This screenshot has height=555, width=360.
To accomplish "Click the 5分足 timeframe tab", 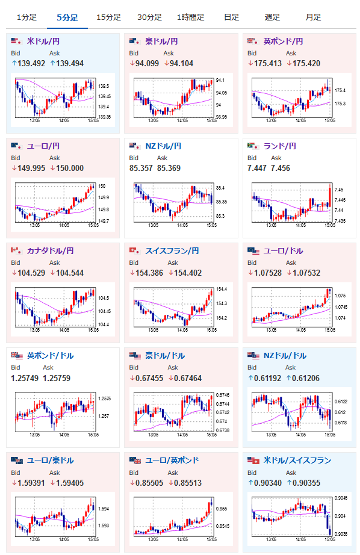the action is coord(67,17).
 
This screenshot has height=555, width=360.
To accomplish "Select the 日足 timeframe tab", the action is coord(232,17).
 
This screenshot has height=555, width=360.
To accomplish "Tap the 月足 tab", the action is coord(313,17).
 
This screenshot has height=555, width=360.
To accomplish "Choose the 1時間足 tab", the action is coord(190,17).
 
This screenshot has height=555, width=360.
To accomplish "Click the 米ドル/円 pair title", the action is coord(43,41).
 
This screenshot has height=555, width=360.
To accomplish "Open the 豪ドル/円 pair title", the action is coord(161,41).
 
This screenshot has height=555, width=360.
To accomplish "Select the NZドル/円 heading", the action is coord(163,146).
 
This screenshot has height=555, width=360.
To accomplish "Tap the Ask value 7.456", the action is coord(281,168).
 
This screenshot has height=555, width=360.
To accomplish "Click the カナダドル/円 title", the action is coord(50,250).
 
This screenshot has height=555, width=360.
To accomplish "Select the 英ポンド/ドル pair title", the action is coord(50,355).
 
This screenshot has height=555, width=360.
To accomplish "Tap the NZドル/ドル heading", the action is coord(285,355).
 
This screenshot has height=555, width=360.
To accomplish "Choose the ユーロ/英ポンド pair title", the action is coord(172,460).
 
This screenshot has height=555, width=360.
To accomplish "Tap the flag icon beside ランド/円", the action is coord(253,146).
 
